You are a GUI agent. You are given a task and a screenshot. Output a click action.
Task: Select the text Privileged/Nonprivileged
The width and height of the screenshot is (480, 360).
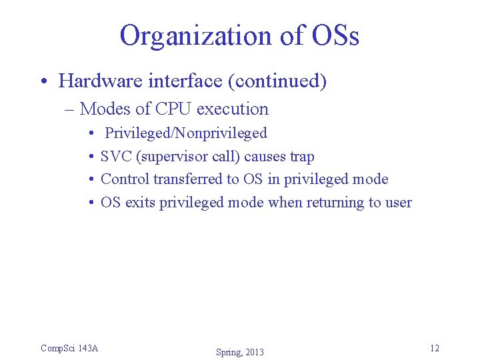coord(186,133)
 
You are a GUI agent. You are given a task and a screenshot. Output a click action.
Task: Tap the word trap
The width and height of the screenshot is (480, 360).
coord(302,157)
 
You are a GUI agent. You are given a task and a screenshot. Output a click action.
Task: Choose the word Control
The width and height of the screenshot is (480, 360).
coord(125,179)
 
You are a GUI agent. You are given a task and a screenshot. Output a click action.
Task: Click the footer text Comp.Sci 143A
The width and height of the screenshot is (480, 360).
coord(69,347)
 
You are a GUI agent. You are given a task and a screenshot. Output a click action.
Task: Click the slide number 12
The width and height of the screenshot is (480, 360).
coord(435,348)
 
